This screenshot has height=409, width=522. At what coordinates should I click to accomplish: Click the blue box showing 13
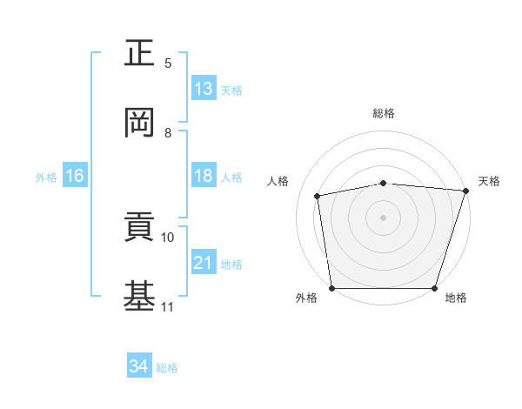204,89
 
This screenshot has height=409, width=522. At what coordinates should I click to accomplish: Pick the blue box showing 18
204,177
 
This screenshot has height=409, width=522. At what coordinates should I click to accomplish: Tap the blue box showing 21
204,263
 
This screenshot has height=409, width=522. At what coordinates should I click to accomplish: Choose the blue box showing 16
75,177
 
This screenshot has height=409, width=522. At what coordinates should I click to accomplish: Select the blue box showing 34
139,367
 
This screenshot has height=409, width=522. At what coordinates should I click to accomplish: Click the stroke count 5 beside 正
168,64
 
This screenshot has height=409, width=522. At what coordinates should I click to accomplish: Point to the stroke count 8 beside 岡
168,133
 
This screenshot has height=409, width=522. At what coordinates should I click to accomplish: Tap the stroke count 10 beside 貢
168,237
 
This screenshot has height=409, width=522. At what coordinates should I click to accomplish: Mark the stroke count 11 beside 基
168,307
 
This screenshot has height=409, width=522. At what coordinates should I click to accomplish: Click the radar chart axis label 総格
384,113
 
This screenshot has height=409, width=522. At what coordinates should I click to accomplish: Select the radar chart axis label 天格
489,181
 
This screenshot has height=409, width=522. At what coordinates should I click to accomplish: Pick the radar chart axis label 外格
306,298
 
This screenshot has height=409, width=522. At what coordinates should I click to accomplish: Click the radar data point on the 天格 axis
465,191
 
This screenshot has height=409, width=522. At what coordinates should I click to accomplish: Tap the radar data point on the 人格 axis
318,196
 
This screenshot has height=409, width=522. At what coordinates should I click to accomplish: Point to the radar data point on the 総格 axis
384,183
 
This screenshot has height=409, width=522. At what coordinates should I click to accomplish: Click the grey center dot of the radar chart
384,217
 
